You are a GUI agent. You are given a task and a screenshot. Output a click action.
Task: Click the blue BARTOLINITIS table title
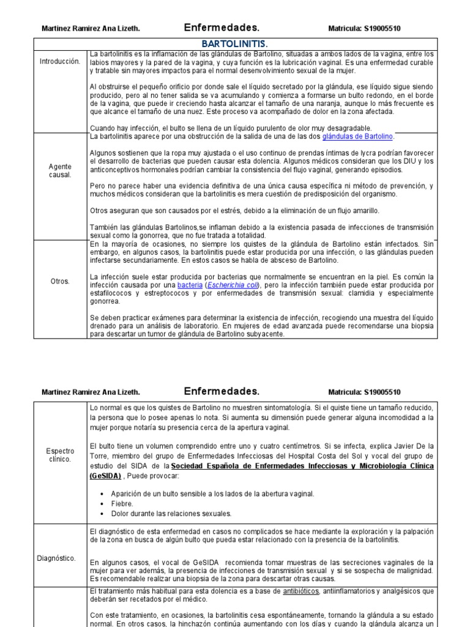pyautogui.click(x=234, y=44)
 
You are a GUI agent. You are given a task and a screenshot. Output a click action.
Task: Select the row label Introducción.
pyautogui.click(x=59, y=62)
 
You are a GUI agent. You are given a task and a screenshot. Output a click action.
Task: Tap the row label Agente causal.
pyautogui.click(x=59, y=170)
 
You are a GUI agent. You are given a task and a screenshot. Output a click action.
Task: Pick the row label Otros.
pyautogui.click(x=59, y=282)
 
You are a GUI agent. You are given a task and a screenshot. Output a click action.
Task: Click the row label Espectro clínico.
pyautogui.click(x=59, y=454)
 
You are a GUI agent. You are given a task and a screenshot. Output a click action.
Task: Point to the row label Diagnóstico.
pyautogui.click(x=59, y=558)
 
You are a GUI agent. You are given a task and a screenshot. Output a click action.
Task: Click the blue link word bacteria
pyautogui.click(x=189, y=285)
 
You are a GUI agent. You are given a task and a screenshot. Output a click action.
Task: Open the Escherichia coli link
pyautogui.click(x=233, y=285)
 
